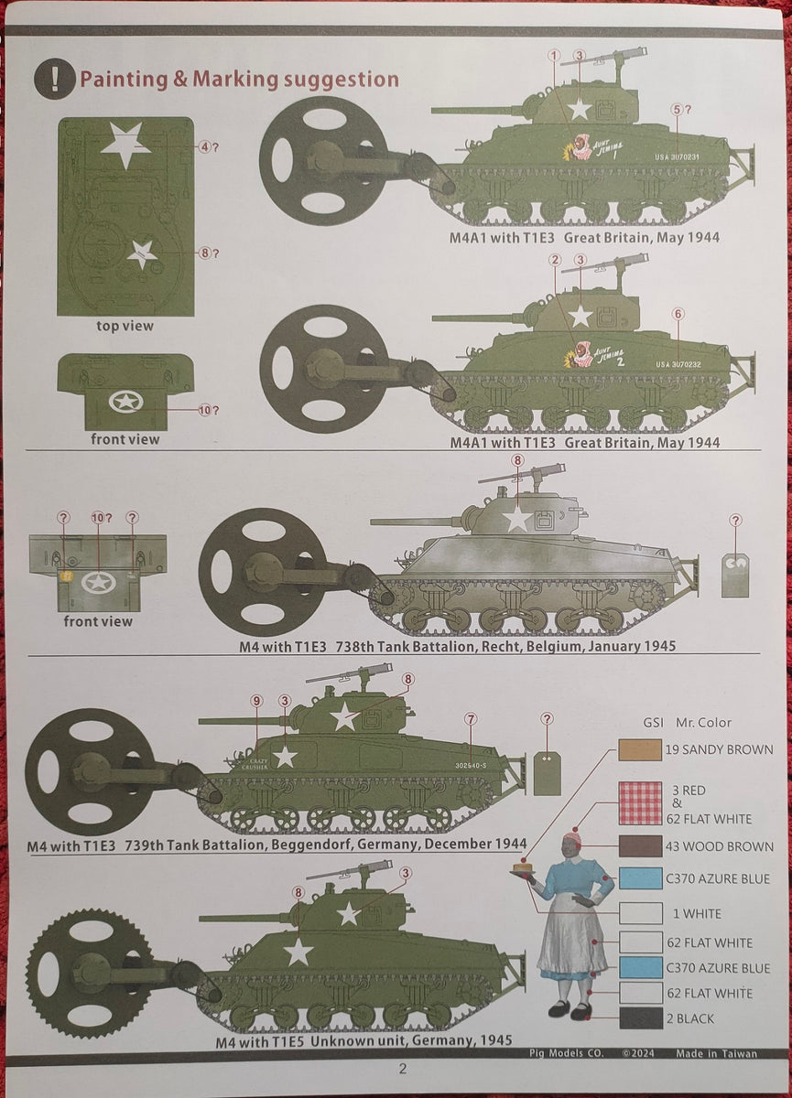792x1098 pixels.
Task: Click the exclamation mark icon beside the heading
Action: tap(54, 79)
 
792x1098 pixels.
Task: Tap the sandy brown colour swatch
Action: tap(640, 749)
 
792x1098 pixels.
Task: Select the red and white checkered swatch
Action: tap(640, 803)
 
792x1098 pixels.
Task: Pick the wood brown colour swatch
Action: tap(640, 846)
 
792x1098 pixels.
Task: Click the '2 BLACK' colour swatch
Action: tap(640, 1018)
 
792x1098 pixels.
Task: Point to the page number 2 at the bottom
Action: tap(401, 1069)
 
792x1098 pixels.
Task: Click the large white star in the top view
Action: tap(125, 145)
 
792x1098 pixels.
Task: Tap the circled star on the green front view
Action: tap(125, 401)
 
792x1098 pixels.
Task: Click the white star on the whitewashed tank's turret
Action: tap(517, 518)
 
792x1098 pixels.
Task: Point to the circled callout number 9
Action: tap(256, 701)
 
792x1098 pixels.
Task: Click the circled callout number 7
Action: tap(470, 719)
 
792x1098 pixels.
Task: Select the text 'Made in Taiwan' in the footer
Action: tap(716, 1053)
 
